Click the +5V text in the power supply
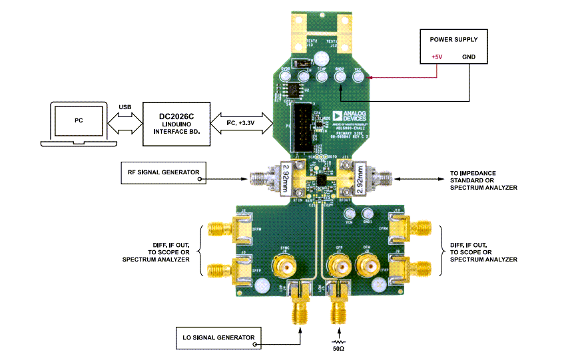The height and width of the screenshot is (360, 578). click(437, 57)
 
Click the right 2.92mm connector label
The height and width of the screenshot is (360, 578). click(360, 178)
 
